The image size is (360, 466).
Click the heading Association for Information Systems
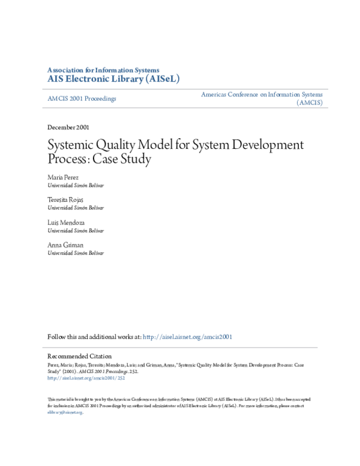tap(103, 70)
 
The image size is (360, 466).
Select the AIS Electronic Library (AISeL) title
tap(113, 79)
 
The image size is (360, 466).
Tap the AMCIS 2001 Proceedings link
tap(82, 98)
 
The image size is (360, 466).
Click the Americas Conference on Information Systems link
tap(262, 94)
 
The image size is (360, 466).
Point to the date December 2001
tap(70, 127)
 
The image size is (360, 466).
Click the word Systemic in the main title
tap(71, 145)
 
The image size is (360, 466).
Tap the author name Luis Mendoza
tap(67, 222)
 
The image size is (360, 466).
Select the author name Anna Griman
tap(65, 244)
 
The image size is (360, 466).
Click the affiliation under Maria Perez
tap(76, 186)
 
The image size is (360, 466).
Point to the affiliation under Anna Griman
tap(76, 253)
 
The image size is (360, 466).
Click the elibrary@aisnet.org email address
tap(64, 413)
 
